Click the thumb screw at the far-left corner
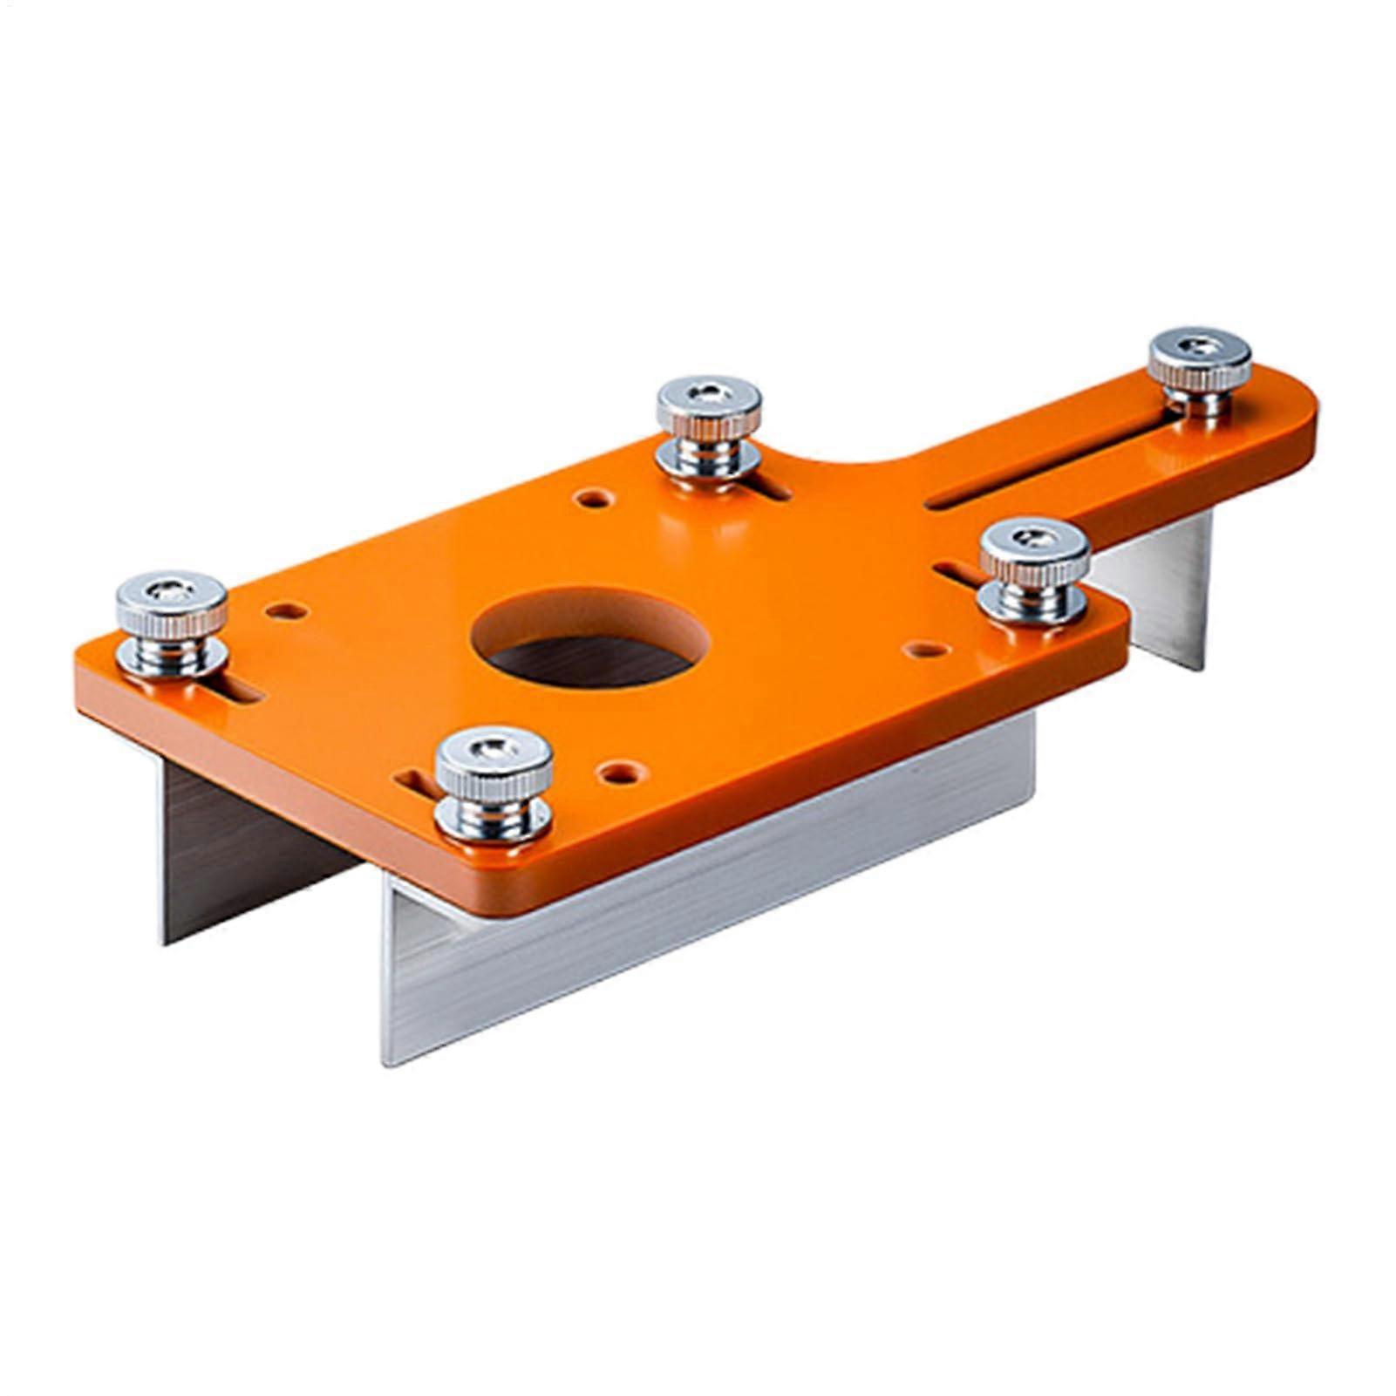172,623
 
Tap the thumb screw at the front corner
494,783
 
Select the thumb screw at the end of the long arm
1200,366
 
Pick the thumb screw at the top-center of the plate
708,425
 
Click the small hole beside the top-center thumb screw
594,499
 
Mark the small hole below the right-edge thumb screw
926,649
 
